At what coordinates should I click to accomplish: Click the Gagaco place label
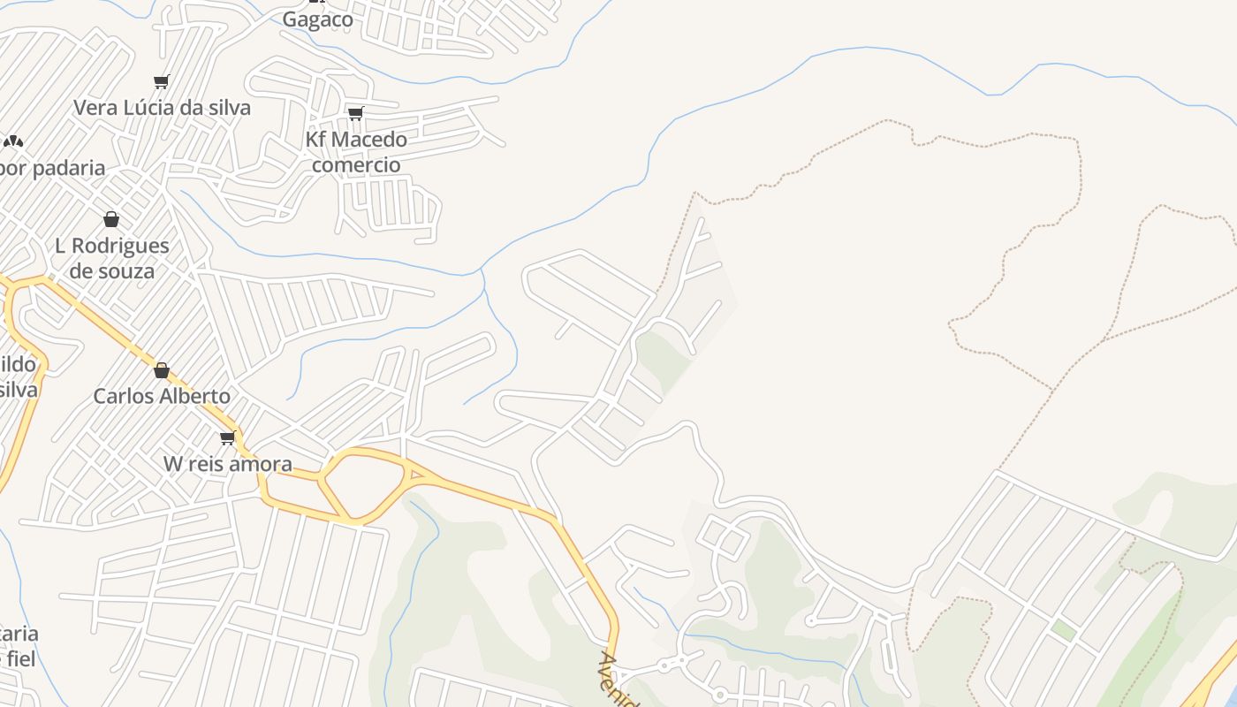coord(317,19)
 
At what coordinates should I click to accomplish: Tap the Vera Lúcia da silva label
coord(162,108)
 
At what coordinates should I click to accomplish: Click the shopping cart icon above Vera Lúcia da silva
coord(161,82)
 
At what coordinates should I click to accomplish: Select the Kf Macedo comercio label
coord(356,152)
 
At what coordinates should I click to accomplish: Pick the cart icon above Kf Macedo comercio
coord(355,113)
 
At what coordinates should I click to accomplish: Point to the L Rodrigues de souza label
coord(111,258)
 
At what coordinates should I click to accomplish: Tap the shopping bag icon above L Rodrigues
coord(111,219)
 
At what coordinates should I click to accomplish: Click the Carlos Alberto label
coord(162,396)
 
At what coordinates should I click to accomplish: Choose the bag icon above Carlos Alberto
coord(162,370)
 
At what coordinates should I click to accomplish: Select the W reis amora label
coord(227,464)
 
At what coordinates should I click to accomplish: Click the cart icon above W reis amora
coord(228,437)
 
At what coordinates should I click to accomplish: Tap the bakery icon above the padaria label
coord(12,141)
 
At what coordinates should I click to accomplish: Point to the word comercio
coord(356,165)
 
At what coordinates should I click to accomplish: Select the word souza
coord(125,271)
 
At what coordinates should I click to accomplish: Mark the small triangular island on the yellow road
coord(417,475)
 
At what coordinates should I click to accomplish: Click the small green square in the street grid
coord(1064,630)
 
